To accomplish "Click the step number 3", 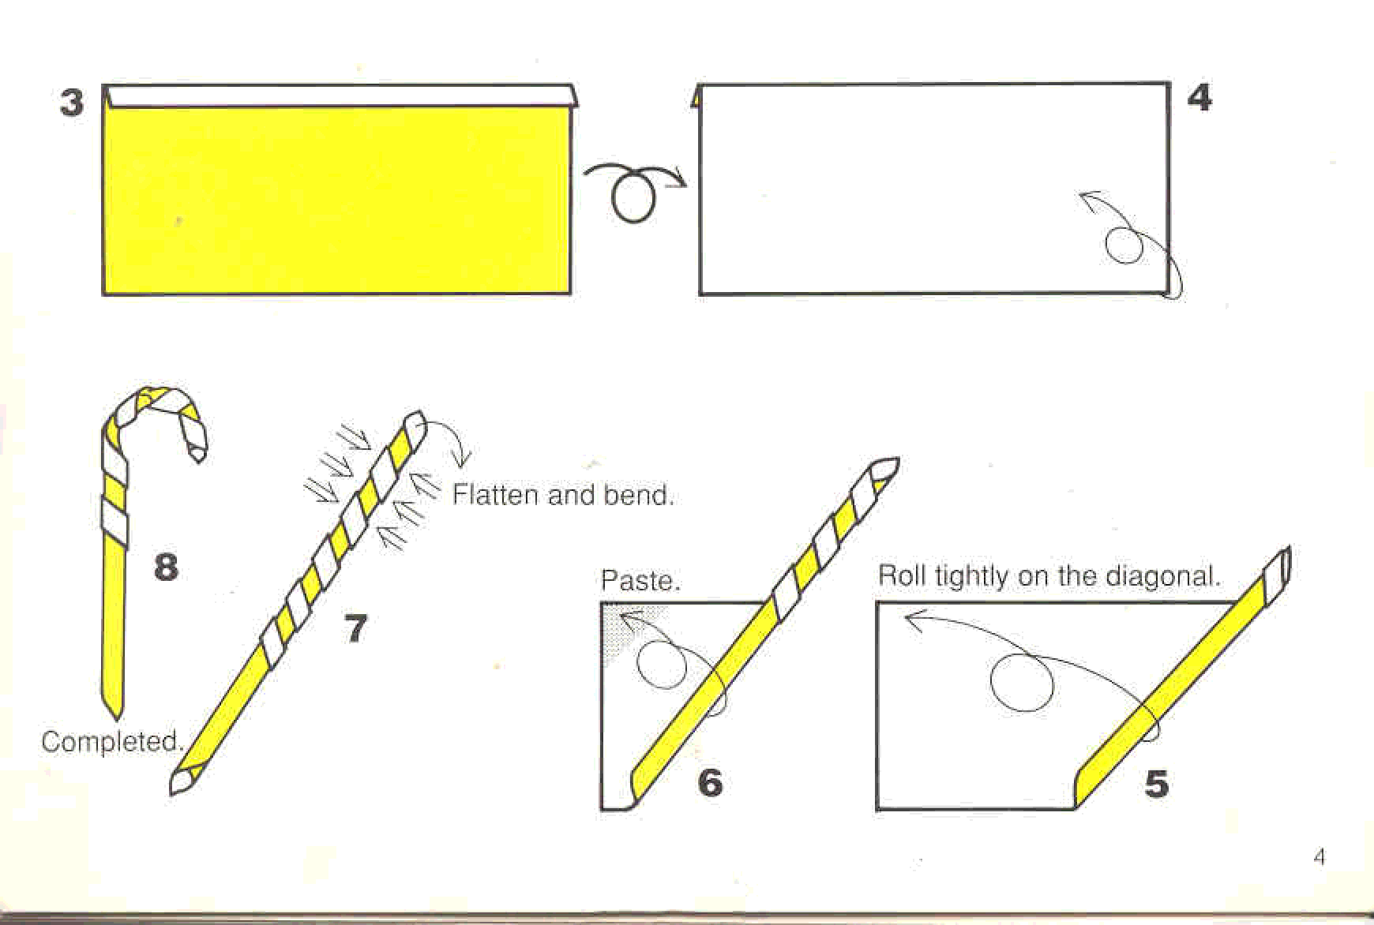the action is pos(72,103).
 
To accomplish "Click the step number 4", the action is pos(1199,97).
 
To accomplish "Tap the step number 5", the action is pos(1157,784).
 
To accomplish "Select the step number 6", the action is pos(710,782).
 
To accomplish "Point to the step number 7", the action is pos(356,628).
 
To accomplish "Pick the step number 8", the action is pos(166,567).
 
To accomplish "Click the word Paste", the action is pos(640,581).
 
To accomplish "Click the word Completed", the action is pos(112,741).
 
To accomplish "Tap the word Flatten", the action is pos(496,495).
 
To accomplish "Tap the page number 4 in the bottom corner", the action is pos(1320,856).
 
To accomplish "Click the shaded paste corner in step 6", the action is pos(624,624).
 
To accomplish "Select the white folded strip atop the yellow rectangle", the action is pos(340,96).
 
